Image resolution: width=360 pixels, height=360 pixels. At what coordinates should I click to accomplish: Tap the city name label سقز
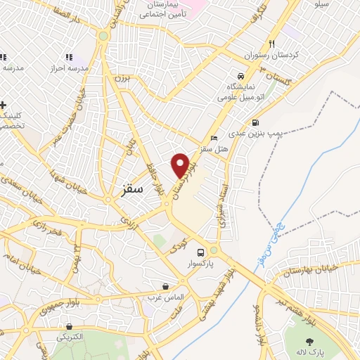coord(132,189)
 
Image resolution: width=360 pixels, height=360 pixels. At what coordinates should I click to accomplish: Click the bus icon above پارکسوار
coord(201,252)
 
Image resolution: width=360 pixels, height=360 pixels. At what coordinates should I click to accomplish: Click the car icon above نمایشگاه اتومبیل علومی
coord(240,76)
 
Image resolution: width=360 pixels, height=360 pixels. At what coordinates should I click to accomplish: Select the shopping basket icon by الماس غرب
coord(165,286)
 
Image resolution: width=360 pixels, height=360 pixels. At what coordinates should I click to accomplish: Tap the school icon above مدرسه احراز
coord(69,57)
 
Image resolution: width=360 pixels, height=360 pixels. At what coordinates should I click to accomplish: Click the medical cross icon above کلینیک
coord(4,105)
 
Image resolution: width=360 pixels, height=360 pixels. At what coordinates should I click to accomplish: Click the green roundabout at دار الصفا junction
coord(103,35)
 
